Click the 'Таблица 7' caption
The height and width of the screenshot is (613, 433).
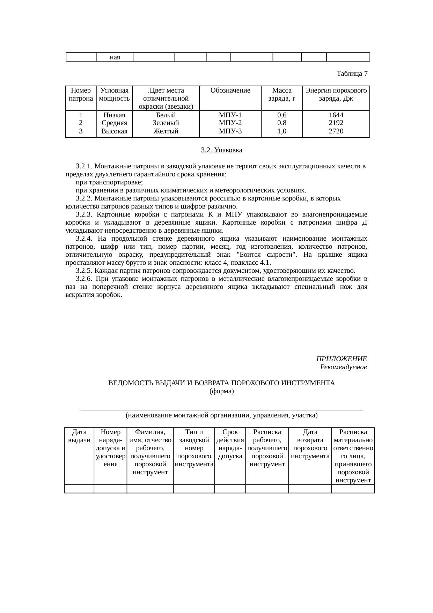pos(352,74)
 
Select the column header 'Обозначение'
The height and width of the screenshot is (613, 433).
pos(230,91)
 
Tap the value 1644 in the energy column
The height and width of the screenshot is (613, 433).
pos(336,115)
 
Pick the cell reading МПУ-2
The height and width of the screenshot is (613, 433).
pos(230,123)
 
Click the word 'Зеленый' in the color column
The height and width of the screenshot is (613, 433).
pos(166,123)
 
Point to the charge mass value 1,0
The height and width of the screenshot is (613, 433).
pos(281,131)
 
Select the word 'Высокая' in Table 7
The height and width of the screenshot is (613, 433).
pos(114,131)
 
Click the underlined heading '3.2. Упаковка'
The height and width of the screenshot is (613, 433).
pos(221,150)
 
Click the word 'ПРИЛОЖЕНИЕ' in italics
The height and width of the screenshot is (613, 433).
pos(341,359)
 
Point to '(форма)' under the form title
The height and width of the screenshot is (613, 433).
pos(221,391)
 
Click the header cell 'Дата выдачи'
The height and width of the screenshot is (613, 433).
pos(79,436)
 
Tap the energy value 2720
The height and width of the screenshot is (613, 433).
pos(336,131)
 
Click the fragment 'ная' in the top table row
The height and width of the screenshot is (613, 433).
pos(115,57)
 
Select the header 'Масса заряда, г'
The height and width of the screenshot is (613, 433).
pos(281,94)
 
